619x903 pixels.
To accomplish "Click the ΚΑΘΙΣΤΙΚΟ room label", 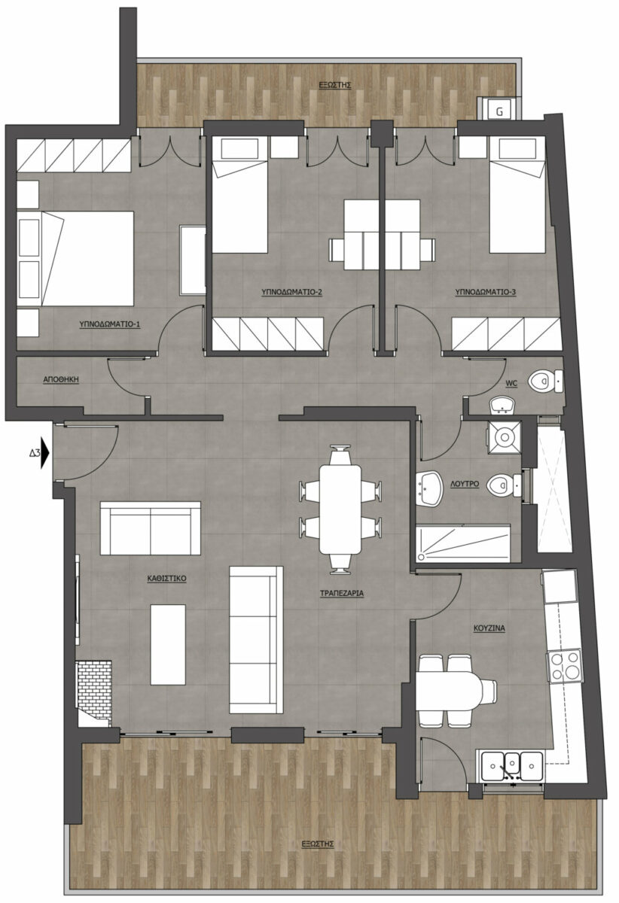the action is (166, 578).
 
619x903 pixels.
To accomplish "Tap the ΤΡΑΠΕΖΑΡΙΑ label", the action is (342, 593).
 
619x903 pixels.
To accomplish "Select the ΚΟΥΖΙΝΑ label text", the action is (489, 628).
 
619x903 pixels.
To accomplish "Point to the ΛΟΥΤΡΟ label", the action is (465, 483).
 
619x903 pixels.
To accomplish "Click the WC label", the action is (511, 383).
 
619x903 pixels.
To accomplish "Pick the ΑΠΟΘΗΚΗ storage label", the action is (61, 379).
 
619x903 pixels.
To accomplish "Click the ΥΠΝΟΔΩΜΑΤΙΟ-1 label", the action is (110, 324).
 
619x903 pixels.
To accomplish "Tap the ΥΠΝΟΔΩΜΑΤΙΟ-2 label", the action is (291, 291).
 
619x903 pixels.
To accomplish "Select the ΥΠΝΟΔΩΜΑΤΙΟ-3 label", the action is (486, 291).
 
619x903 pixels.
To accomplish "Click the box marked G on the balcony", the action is (499, 110).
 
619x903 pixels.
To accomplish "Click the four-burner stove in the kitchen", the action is (565, 667).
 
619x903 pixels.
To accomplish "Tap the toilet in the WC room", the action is (545, 381).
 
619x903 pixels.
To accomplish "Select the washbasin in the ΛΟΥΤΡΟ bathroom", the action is (429, 488).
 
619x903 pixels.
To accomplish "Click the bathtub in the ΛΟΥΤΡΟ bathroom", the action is (463, 543).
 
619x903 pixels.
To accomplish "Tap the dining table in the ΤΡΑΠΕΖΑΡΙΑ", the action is (340, 509).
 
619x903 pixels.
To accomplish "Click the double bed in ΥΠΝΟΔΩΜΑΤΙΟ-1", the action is (75, 258).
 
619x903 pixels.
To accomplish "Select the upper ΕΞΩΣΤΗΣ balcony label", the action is (334, 85).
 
